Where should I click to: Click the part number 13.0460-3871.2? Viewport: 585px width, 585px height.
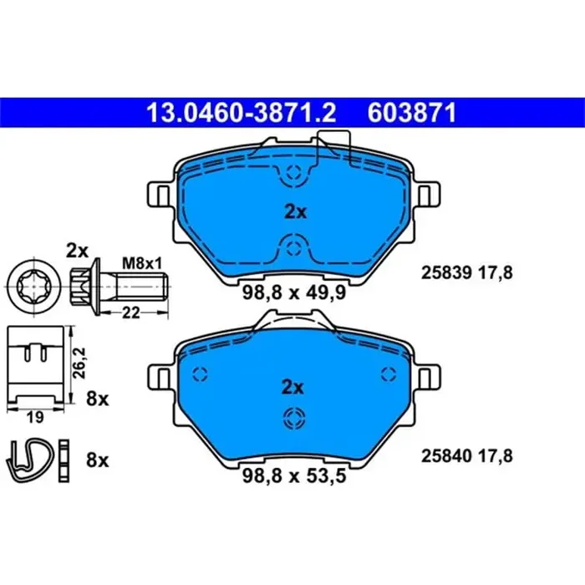[242, 112]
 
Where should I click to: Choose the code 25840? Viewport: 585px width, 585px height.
[445, 456]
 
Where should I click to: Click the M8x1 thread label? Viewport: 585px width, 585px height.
[141, 263]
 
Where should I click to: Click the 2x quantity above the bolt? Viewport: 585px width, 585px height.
[77, 250]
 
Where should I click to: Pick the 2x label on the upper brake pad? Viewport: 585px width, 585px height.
[294, 212]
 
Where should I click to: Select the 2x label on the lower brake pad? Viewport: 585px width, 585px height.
[292, 387]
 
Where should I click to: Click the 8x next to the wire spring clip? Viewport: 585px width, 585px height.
[98, 458]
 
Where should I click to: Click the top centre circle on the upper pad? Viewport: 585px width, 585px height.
[292, 173]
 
